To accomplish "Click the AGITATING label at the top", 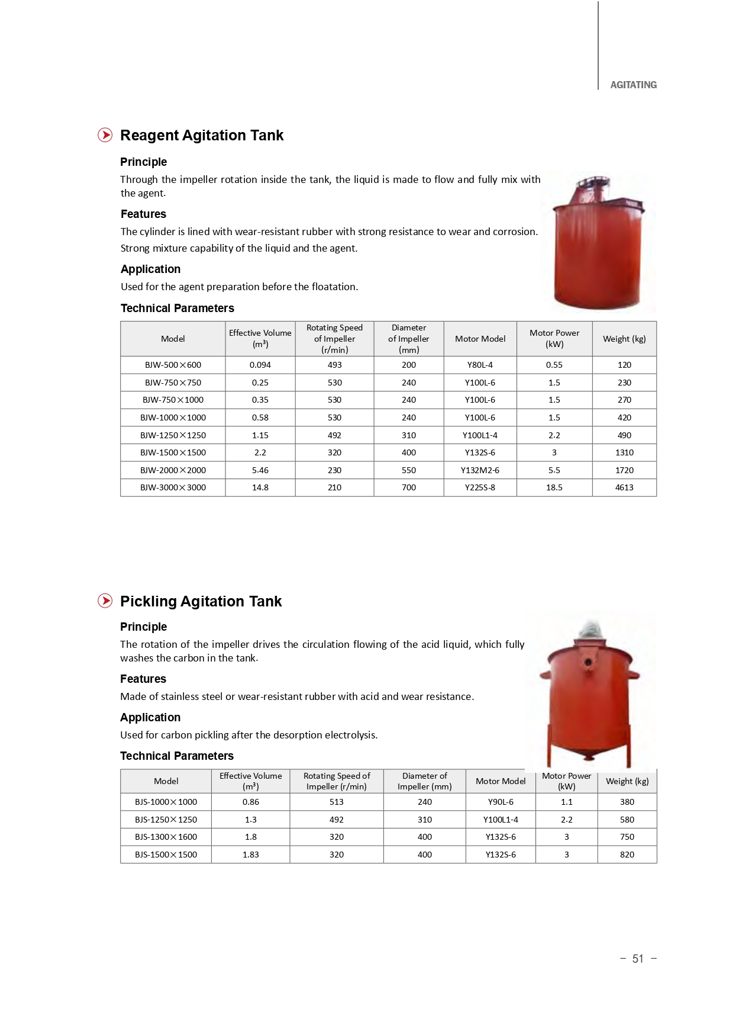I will tap(633, 85).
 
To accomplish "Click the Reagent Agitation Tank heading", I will tap(201, 136).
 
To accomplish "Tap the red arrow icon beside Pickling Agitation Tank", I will tap(105, 600).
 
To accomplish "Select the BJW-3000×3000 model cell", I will tap(173, 487).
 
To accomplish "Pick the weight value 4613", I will tap(624, 487).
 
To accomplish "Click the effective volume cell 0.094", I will tap(260, 365).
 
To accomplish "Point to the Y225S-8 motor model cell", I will tap(479, 487).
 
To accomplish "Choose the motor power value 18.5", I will tap(554, 487).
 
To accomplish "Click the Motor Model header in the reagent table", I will tap(479, 339).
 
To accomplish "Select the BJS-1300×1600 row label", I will tap(166, 837).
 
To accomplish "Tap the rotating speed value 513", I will tap(336, 802).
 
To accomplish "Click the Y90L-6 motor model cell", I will tap(500, 802).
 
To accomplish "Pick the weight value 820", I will tap(627, 855).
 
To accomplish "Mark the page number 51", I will tap(637, 959).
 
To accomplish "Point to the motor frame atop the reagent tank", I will tap(593, 189).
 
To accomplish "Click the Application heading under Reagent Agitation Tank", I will tap(150, 269).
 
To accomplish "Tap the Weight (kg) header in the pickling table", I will tap(627, 781).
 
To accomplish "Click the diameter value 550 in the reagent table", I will tap(408, 470).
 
